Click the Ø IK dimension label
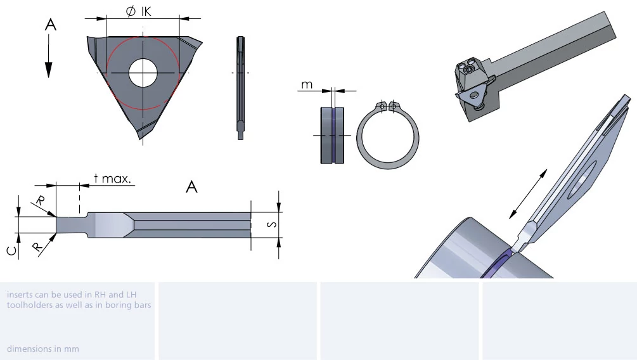point(139,11)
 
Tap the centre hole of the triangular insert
point(143,73)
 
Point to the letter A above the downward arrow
point(50,25)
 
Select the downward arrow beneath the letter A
point(49,56)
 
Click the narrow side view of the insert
point(240,88)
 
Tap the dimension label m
point(307,84)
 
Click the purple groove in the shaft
point(332,136)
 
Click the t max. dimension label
point(113,178)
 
